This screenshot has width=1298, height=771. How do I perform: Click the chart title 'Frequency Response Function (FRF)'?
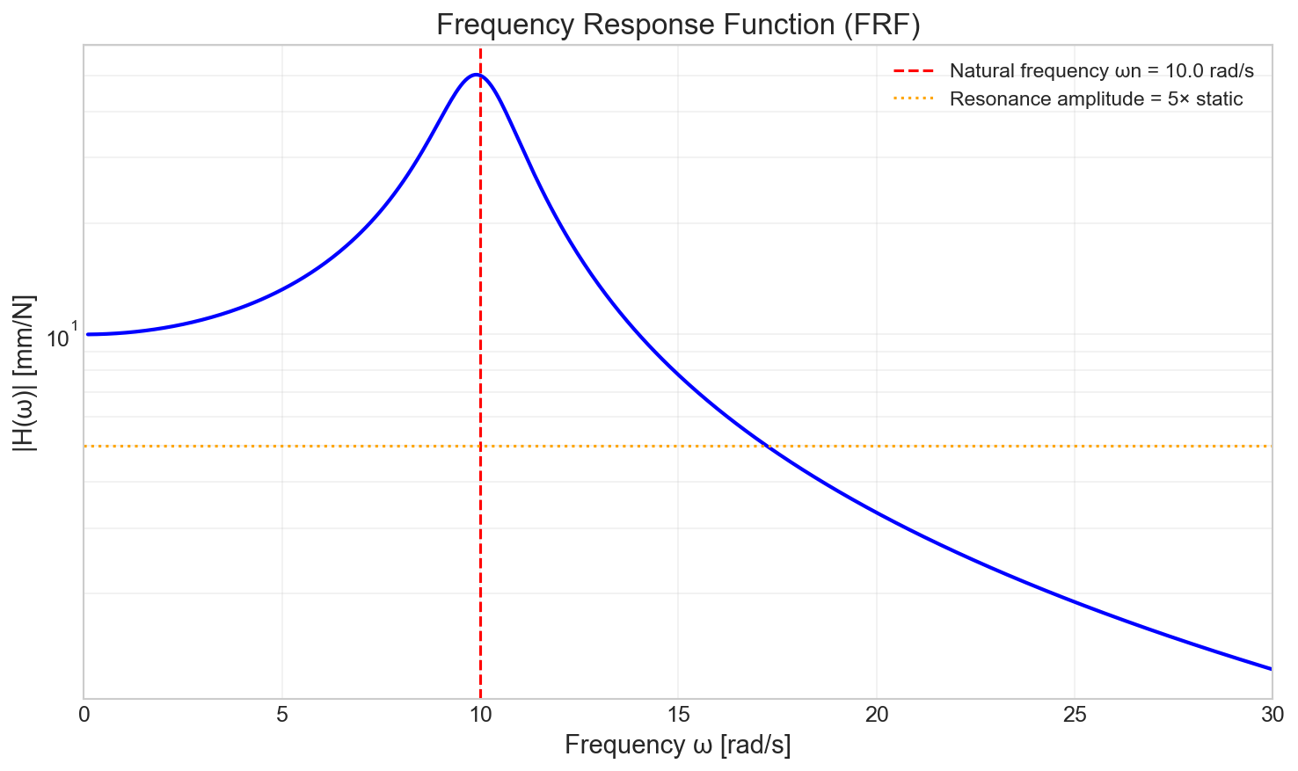tap(677, 25)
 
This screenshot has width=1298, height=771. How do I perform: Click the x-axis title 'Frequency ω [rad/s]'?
tap(677, 746)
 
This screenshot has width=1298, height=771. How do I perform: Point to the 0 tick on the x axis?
tap(84, 715)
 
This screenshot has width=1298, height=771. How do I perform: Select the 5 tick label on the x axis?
tap(281, 715)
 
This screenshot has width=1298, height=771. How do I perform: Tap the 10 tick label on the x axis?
tap(480, 715)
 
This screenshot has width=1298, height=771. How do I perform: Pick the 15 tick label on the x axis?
tap(678, 715)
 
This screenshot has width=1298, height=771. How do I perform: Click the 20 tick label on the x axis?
tap(876, 715)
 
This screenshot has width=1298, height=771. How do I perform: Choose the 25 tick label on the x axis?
tap(1074, 715)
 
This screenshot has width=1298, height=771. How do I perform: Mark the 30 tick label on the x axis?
tap(1272, 715)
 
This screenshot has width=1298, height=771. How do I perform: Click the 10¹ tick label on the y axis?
tap(62, 338)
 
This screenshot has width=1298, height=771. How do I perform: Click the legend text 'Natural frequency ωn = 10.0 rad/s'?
tap(1101, 71)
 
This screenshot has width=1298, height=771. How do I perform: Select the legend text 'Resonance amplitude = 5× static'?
tap(1096, 99)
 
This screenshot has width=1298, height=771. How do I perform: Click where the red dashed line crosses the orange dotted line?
tap(480, 447)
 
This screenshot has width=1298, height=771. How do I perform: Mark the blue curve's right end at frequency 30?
tap(1271, 669)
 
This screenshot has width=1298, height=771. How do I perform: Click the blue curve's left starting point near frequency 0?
tap(88, 334)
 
